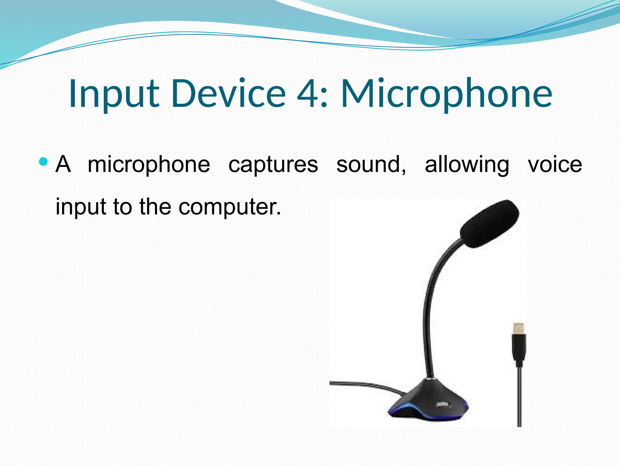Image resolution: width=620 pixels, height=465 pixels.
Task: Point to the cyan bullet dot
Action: point(44,162)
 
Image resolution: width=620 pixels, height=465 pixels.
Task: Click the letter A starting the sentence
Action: point(63,164)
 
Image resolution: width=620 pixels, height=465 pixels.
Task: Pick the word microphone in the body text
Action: point(149,165)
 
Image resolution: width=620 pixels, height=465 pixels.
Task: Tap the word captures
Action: point(273,165)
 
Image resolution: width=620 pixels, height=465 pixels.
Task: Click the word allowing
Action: point(467,165)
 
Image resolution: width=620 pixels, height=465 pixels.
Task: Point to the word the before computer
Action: point(155,206)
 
